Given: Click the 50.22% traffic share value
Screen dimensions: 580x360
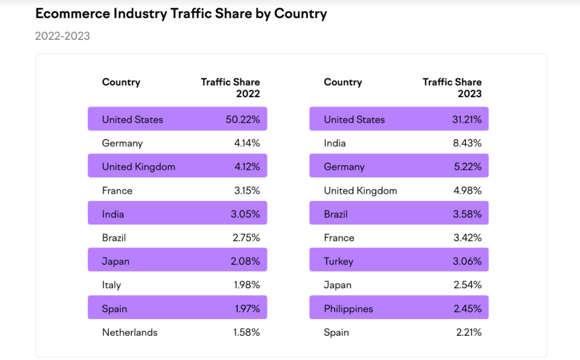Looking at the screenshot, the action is (x=242, y=120).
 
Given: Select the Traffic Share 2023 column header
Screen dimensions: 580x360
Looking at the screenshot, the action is (x=452, y=88).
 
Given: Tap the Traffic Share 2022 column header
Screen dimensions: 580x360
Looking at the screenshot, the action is (x=230, y=88).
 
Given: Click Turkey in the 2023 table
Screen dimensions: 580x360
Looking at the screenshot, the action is (x=339, y=261).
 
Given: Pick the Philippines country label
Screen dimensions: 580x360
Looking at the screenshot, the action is (x=348, y=309).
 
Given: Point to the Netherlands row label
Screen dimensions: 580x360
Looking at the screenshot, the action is (x=130, y=332).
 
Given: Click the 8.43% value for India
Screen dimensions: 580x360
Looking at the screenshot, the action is (x=467, y=143).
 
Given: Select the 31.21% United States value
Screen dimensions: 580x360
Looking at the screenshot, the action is (x=467, y=120).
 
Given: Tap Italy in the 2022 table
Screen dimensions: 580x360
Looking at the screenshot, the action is (x=111, y=285).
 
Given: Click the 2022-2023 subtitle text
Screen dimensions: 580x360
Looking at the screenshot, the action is (x=62, y=36).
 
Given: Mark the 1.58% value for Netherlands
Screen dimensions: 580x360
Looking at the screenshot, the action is (x=246, y=332).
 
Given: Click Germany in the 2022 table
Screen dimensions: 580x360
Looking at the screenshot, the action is (x=122, y=143).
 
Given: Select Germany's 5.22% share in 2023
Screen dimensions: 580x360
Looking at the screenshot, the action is (x=468, y=167).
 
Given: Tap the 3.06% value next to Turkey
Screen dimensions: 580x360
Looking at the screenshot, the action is (x=467, y=261).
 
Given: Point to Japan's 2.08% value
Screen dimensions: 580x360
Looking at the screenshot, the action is (x=245, y=261).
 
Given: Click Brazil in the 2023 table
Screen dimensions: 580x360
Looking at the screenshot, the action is (x=336, y=214).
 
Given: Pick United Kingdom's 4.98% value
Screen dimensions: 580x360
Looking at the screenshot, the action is (x=467, y=191).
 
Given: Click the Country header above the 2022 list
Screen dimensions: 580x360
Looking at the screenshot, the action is (x=121, y=82).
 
